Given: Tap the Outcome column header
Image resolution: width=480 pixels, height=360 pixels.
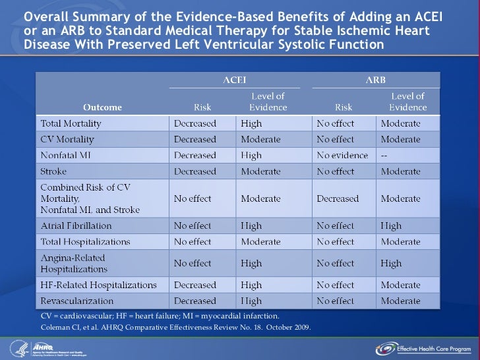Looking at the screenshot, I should click(102, 107).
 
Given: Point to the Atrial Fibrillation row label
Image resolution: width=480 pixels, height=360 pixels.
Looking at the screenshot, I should click(73, 225).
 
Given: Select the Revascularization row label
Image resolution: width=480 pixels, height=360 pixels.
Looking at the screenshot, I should click(73, 301).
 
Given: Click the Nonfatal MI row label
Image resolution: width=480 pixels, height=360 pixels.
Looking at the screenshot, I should click(66, 156).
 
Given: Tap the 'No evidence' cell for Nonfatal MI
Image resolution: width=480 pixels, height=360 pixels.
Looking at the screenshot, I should click(342, 156).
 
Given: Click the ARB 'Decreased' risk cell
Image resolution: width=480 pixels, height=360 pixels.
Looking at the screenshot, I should click(338, 198).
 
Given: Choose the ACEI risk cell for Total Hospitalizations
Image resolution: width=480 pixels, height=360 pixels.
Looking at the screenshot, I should click(193, 242).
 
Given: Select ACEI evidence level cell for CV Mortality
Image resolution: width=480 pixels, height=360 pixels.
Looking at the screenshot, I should click(260, 140).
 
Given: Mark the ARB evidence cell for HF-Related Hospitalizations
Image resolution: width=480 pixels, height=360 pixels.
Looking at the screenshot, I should click(400, 285).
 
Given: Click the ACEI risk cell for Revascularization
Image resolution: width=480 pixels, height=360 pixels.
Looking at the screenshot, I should click(195, 301).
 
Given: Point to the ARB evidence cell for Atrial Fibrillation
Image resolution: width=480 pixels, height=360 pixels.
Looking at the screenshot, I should click(391, 225).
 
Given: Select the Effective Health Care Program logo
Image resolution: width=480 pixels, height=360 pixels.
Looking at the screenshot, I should click(422, 348).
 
